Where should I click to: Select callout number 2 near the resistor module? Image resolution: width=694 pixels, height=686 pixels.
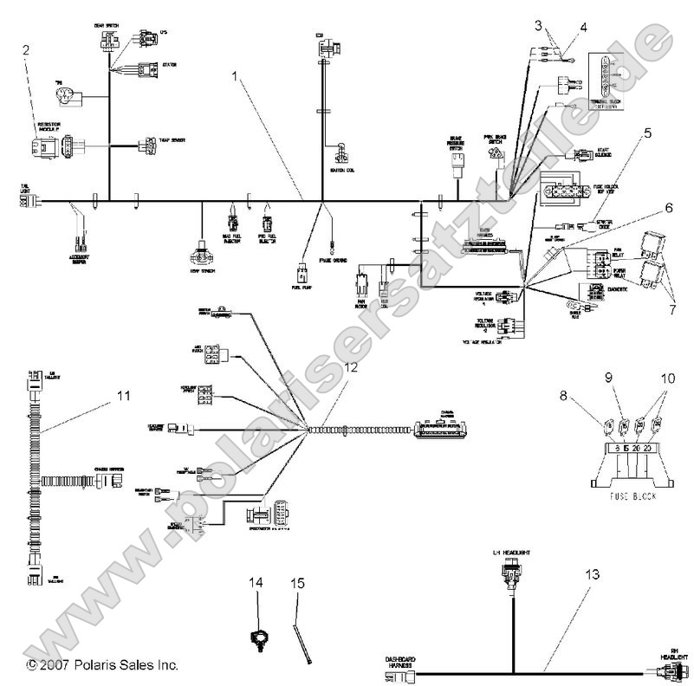click(x=27, y=49)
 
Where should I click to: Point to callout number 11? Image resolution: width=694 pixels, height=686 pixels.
click(x=124, y=397)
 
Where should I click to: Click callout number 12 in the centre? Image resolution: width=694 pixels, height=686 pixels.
click(x=350, y=366)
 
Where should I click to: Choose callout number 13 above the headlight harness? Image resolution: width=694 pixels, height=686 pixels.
click(x=592, y=573)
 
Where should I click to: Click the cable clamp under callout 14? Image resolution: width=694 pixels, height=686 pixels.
click(x=256, y=641)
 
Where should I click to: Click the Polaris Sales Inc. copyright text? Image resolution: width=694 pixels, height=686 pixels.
click(x=102, y=665)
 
